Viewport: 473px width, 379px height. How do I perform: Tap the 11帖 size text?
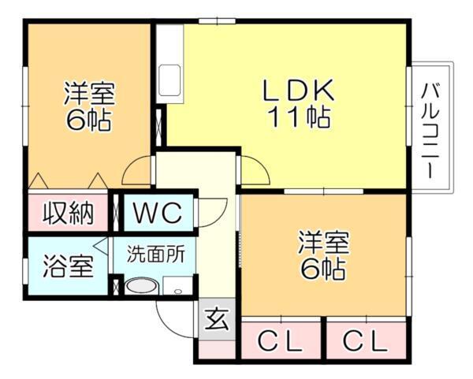[x=297, y=118]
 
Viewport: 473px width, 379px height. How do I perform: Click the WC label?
[x=157, y=212]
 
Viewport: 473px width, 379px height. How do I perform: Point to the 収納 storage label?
[x=68, y=212]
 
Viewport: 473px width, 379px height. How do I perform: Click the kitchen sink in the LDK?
[x=169, y=79]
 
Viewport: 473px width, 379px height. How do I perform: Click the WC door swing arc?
[x=211, y=211]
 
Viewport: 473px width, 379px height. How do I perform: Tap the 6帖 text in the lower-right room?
[x=323, y=269]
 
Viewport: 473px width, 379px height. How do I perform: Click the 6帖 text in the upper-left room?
[x=88, y=121]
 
